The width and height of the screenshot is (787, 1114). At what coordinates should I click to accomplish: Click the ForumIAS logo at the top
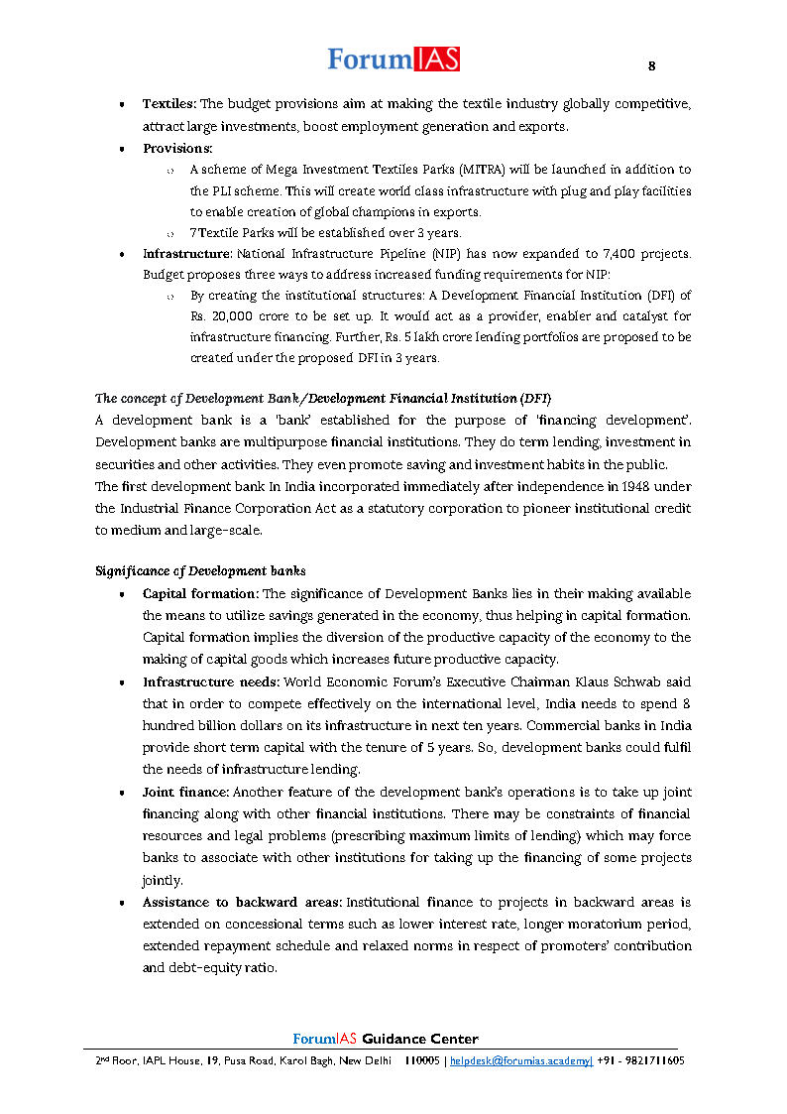pos(393,60)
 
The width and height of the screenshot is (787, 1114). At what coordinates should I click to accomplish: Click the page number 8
pos(651,66)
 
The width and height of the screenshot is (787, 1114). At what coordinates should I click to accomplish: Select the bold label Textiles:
pos(169,104)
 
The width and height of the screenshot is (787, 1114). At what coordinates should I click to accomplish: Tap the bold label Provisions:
pos(177,148)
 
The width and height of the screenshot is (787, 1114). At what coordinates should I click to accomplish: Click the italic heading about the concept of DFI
pos(323,399)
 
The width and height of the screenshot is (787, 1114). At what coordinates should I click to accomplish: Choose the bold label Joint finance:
pos(186,793)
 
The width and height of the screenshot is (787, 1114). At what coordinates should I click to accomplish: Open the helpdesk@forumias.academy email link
pos(520,1060)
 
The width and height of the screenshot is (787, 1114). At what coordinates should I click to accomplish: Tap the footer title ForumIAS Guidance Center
pos(386,1040)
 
